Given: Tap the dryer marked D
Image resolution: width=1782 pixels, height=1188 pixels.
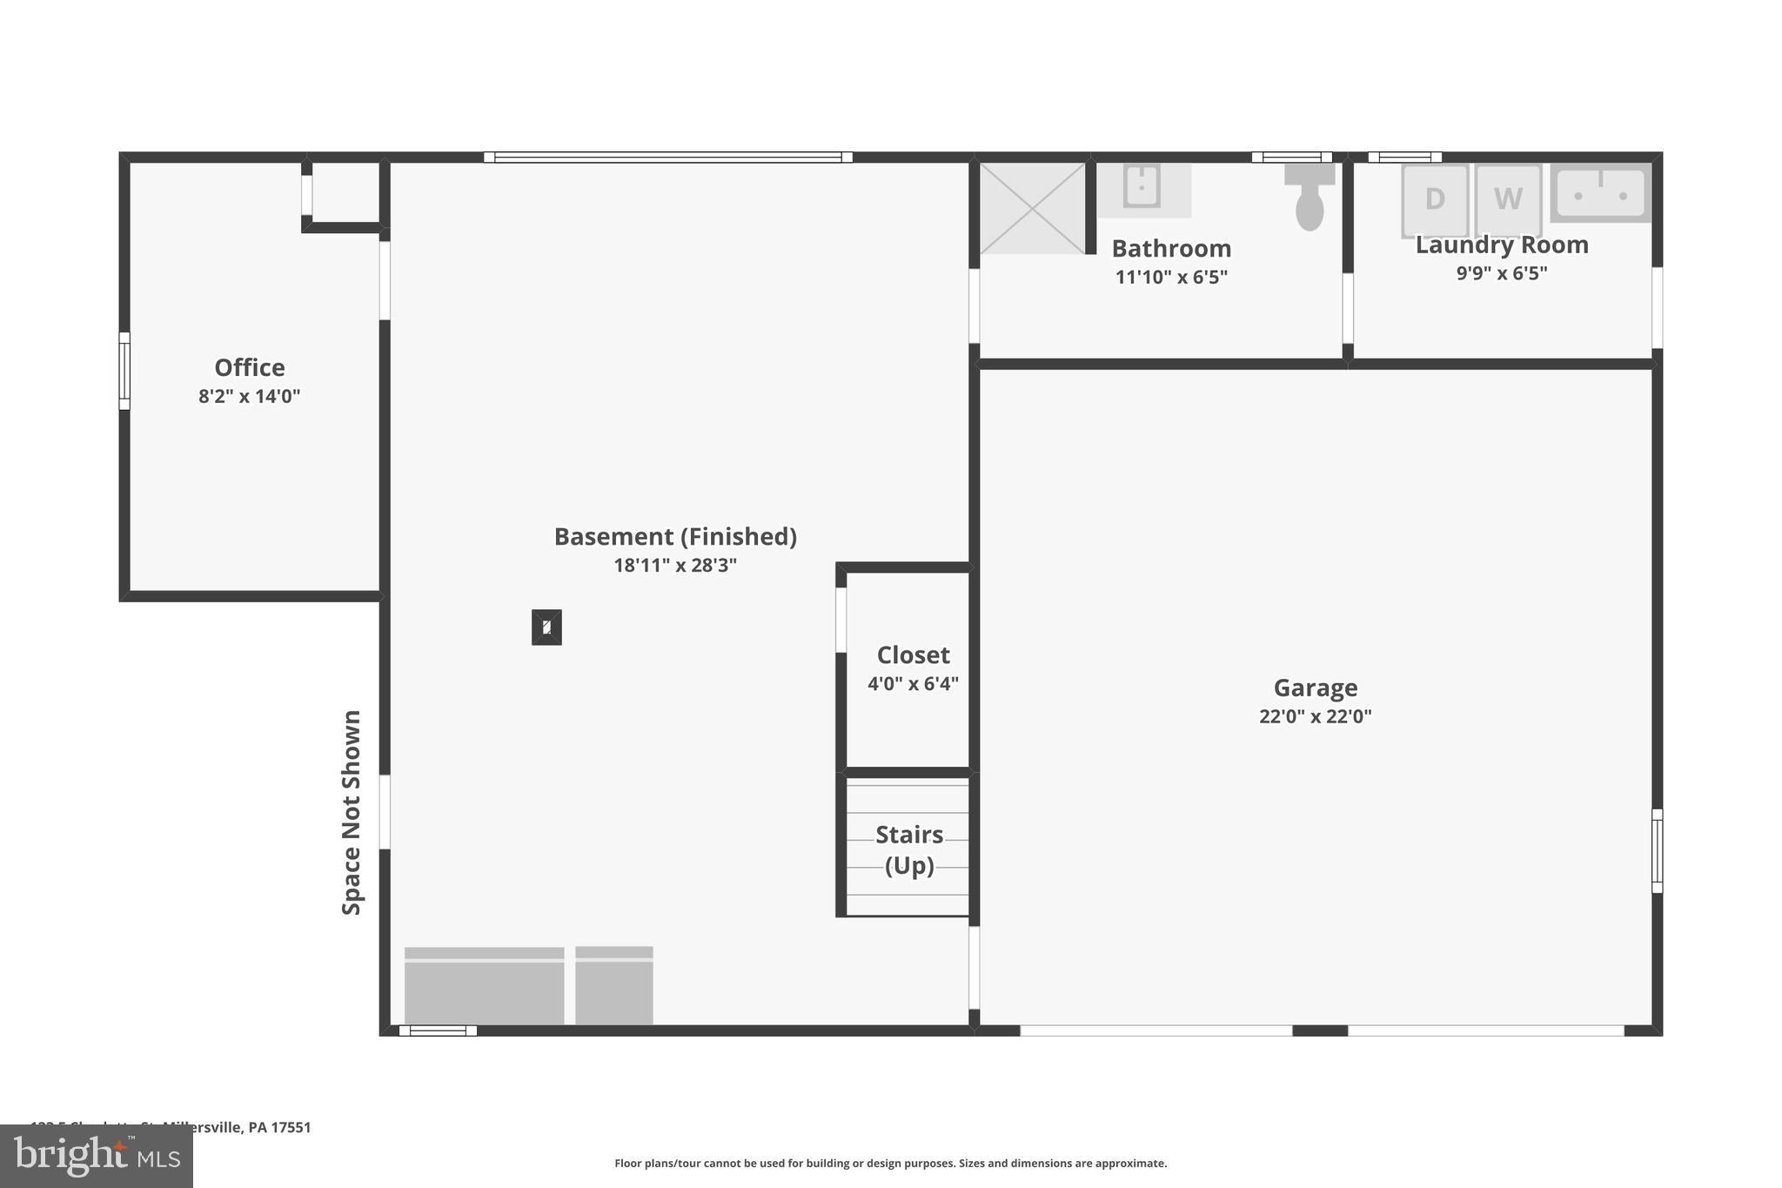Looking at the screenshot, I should (x=1434, y=199).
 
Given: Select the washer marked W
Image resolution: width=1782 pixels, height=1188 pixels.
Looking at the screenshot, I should (x=1508, y=199).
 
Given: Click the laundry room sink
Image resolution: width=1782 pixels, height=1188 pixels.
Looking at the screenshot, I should (x=1600, y=194).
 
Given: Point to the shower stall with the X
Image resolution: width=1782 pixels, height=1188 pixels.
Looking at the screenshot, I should (x=1032, y=208).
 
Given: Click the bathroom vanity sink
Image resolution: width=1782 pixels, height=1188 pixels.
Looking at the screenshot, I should (x=1141, y=187).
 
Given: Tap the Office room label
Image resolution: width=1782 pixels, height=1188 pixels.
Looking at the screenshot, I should (x=249, y=367).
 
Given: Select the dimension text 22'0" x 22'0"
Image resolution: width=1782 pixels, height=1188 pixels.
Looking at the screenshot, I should (x=1315, y=716).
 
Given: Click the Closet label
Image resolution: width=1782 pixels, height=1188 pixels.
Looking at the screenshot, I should (x=913, y=654).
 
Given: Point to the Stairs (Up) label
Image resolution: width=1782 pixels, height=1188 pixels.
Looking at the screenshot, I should (x=909, y=849).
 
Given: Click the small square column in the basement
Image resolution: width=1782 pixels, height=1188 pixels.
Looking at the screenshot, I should (x=546, y=627).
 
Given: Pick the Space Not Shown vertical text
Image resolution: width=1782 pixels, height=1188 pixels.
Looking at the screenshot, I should (x=352, y=812).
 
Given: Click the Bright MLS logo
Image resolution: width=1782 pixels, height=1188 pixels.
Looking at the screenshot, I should (x=96, y=1156).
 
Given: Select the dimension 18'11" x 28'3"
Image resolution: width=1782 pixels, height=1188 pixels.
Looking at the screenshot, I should (x=675, y=566).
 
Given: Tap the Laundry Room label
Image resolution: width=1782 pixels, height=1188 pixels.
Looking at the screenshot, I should (x=1502, y=245).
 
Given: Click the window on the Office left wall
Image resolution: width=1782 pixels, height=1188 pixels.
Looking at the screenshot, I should (x=124, y=371).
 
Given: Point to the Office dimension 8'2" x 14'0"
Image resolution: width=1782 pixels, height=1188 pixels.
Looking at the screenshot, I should (x=249, y=397).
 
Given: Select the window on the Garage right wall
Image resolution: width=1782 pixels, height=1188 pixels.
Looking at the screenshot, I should (x=1657, y=850).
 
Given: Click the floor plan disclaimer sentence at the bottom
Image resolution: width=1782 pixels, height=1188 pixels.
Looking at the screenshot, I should (x=890, y=1163).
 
